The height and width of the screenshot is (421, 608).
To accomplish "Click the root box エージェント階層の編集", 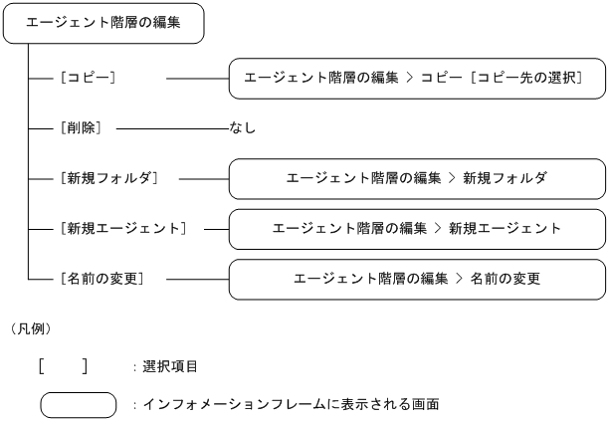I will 103,22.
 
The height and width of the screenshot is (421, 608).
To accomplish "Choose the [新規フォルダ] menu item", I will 109,178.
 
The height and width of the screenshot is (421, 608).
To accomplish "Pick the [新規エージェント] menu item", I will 123,228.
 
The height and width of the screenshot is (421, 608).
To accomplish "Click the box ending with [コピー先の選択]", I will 417,78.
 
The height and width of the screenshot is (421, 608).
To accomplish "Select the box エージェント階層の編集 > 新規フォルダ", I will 417,178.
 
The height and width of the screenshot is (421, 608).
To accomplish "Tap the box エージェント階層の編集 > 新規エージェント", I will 417,228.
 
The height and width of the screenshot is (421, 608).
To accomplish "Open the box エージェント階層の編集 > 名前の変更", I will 417,279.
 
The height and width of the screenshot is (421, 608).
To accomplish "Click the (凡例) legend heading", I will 30,327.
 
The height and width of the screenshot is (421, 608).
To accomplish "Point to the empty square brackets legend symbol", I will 63,366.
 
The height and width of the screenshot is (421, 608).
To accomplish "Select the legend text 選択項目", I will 170,367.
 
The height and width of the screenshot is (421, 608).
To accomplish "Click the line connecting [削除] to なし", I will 171,128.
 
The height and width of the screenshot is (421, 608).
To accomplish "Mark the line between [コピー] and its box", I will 197,78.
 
